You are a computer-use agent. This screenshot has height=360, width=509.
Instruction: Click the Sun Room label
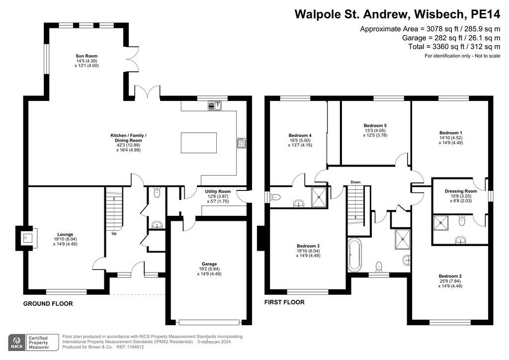(86, 56)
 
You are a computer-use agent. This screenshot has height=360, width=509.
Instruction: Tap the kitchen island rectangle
(199, 143)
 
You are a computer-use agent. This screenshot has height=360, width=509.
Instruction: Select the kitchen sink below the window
(215, 105)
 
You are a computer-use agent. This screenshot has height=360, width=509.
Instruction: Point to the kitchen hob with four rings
(242, 143)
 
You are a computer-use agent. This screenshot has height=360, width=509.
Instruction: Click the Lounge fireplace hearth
(27, 239)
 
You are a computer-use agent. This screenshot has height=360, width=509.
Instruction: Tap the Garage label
(209, 264)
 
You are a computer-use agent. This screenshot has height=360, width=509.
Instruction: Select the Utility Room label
(218, 191)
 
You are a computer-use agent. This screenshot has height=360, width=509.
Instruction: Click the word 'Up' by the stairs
(114, 233)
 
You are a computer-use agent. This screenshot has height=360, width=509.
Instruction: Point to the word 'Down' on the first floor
(355, 182)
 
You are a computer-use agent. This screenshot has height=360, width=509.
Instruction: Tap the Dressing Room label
(461, 191)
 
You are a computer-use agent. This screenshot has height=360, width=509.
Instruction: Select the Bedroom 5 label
(375, 126)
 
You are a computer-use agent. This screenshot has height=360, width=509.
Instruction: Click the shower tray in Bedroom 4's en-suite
(320, 197)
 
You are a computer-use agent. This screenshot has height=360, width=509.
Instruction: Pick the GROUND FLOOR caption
(48, 304)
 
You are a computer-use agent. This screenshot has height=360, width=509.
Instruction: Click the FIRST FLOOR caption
(284, 302)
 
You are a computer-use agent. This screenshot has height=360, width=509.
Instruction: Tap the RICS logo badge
(17, 343)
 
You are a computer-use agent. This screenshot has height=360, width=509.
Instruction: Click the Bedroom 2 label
(450, 276)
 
